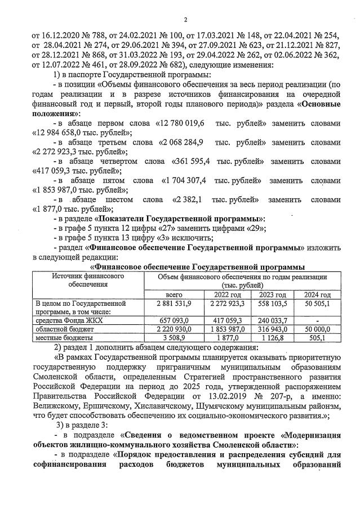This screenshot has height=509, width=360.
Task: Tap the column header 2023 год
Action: [272, 295]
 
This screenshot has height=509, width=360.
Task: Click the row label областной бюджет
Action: [61, 328]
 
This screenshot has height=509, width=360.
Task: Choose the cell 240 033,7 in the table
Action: [272, 320]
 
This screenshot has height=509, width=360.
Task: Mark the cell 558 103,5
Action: [272, 303]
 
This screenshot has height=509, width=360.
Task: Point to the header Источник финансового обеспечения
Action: [88, 280]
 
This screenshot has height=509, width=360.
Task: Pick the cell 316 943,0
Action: [272, 328]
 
